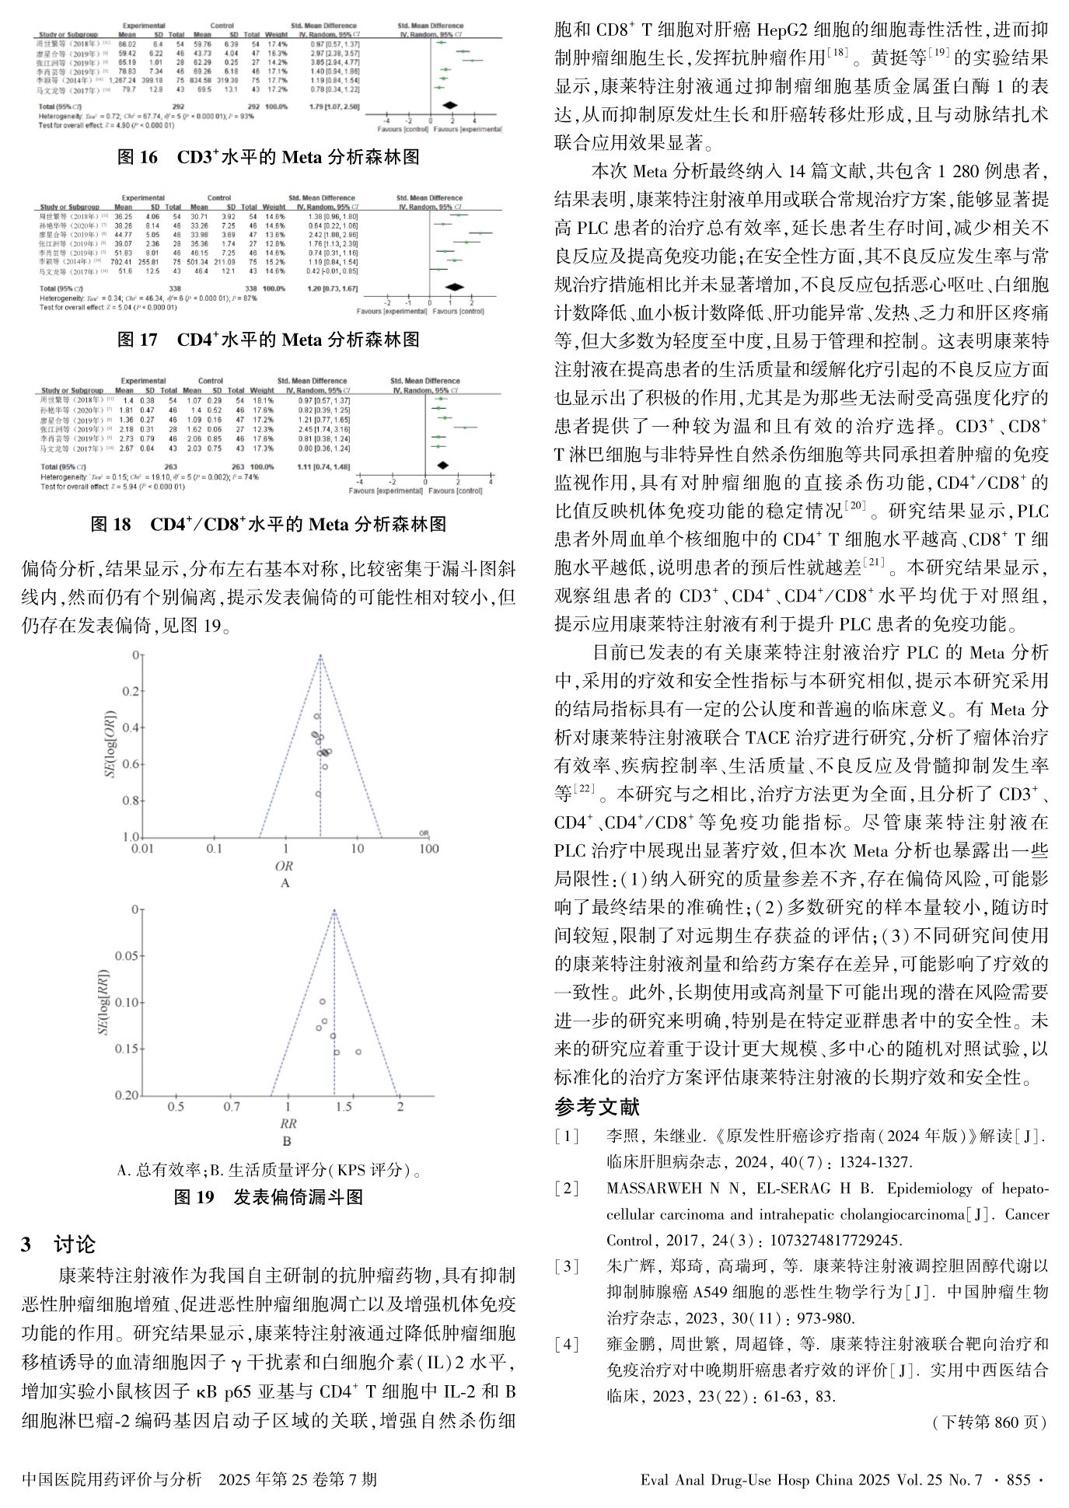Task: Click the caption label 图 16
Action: click(137, 158)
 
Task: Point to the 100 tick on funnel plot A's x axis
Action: click(428, 849)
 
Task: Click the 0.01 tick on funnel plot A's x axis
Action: click(143, 849)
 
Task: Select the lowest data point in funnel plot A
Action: click(318, 794)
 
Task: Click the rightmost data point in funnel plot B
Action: click(358, 1052)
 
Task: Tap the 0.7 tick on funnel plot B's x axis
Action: click(232, 1106)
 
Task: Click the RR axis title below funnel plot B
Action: click(287, 1123)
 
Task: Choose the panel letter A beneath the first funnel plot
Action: click(285, 882)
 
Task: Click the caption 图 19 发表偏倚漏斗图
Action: click(268, 1197)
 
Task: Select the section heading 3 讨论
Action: click(58, 1244)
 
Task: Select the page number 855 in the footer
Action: click(1018, 1480)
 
